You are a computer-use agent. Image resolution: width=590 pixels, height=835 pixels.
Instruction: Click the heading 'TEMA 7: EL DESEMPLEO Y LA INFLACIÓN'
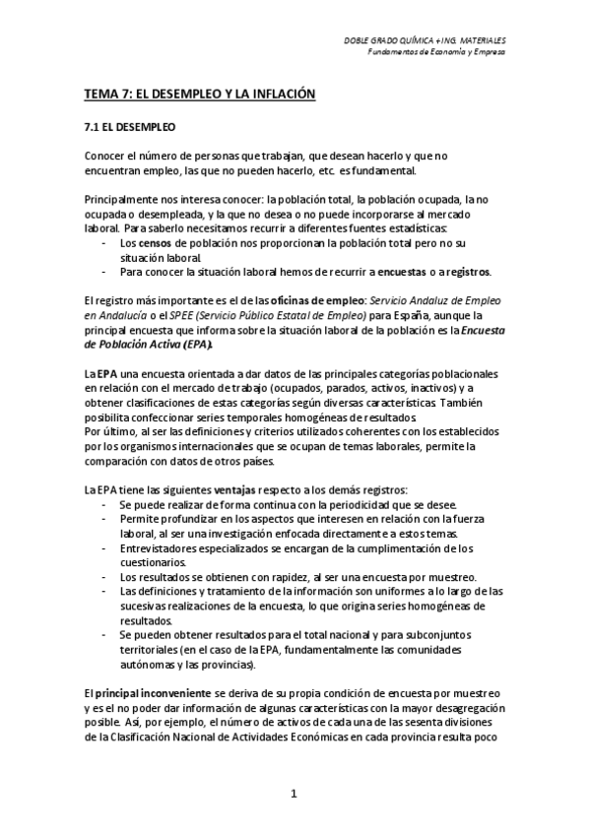coord(198,94)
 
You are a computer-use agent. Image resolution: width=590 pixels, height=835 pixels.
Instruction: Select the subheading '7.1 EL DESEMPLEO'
coord(128,127)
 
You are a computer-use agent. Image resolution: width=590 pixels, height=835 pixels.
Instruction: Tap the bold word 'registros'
coord(467,271)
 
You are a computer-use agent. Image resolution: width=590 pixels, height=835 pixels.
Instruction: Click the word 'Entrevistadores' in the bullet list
coord(160,547)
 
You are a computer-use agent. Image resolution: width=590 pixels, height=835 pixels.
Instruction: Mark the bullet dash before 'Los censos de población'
coord(105,242)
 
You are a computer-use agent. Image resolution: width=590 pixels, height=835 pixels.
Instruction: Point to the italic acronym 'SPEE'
coord(185,314)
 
